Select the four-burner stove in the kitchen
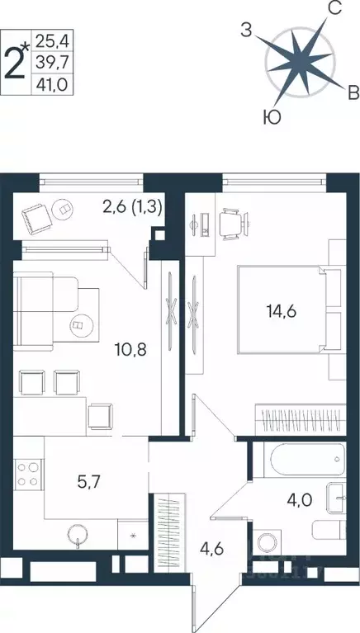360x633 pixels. [26, 477]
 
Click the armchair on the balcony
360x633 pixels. [36, 218]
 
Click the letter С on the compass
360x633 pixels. [335, 10]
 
